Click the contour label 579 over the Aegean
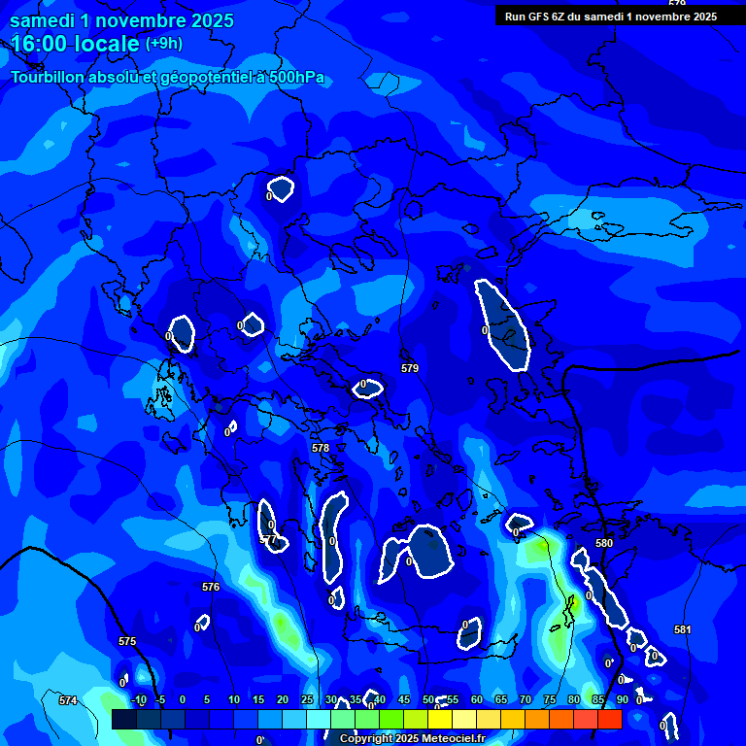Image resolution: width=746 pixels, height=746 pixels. click(410, 368)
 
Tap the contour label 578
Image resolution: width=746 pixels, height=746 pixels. click(321, 448)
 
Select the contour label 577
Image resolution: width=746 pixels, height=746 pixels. click(269, 539)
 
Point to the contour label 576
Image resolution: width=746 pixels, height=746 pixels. click(211, 587)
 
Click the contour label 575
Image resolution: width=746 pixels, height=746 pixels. click(127, 641)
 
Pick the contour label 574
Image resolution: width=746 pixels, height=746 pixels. click(68, 700)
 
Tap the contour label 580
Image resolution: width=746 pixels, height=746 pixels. click(604, 543)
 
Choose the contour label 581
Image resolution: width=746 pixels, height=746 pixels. click(683, 629)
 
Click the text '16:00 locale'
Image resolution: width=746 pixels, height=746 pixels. click(76, 44)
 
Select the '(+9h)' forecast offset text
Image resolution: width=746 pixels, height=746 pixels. click(163, 44)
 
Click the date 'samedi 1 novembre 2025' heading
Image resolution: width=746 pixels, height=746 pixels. click(121, 20)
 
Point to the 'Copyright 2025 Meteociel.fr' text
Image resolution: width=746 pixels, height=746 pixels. click(412, 739)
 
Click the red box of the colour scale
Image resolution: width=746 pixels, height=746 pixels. click(610, 719)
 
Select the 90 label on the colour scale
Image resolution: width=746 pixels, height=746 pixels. click(622, 699)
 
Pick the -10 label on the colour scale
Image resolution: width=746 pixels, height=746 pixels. click(138, 699)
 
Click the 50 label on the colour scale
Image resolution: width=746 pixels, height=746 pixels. click(428, 699)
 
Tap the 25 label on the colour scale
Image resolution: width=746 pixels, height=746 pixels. click(307, 699)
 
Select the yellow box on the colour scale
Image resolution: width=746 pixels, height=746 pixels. click(440, 719)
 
